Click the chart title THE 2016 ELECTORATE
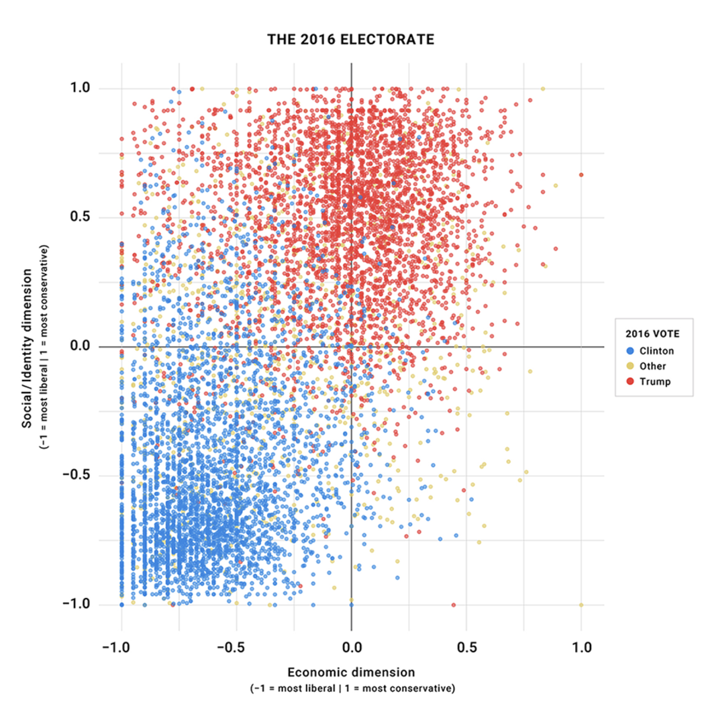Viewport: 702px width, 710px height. (x=351, y=40)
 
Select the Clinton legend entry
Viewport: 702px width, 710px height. (x=655, y=350)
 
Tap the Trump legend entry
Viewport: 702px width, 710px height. (x=654, y=381)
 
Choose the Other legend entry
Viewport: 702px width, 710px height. (x=652, y=366)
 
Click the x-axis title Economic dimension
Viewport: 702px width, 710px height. (x=351, y=672)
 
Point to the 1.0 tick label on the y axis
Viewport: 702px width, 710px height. (x=86, y=89)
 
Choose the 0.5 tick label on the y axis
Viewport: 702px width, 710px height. (x=86, y=217)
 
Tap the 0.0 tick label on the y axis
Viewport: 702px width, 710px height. (x=86, y=346)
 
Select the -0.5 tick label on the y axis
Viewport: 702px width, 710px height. (x=83, y=475)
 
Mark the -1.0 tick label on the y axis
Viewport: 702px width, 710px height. (x=83, y=604)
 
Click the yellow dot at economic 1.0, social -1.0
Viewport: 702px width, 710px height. (x=581, y=605)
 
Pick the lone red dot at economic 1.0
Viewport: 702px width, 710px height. (x=581, y=174)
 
